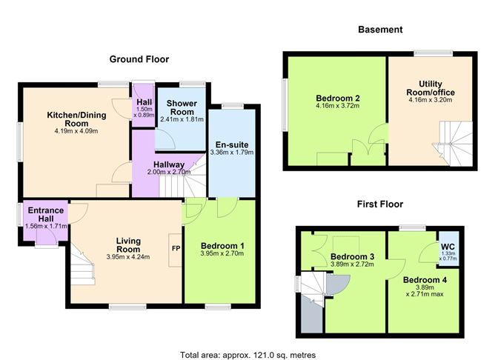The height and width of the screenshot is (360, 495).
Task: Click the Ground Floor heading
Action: (x=139, y=59)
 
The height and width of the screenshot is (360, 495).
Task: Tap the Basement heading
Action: (x=380, y=30)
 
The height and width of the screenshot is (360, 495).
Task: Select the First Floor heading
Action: (x=380, y=204)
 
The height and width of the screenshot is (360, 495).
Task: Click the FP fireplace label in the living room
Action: (x=176, y=248)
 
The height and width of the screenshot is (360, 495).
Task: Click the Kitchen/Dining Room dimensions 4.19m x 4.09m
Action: (x=76, y=131)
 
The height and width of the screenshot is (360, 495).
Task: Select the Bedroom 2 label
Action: (x=338, y=98)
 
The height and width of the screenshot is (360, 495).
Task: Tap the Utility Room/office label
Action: (x=431, y=88)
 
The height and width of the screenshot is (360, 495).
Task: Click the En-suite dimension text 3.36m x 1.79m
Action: (x=232, y=153)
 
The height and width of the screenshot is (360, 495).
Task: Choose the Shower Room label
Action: (x=182, y=107)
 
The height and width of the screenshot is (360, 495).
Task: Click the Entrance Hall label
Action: (x=46, y=214)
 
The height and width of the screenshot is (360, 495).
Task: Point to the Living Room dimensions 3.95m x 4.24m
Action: (x=128, y=257)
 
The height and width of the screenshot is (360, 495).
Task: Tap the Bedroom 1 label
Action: (x=222, y=246)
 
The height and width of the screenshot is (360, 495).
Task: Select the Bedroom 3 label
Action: (x=352, y=256)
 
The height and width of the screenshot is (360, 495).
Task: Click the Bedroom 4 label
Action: (x=425, y=280)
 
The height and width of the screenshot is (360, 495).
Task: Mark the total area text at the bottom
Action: (x=247, y=355)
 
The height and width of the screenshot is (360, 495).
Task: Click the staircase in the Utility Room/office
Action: (x=453, y=144)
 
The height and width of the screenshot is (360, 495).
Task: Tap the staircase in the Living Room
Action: (x=82, y=264)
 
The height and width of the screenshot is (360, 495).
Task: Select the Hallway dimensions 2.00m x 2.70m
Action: (x=169, y=173)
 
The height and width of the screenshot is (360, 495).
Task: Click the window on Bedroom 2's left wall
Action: (x=285, y=104)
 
